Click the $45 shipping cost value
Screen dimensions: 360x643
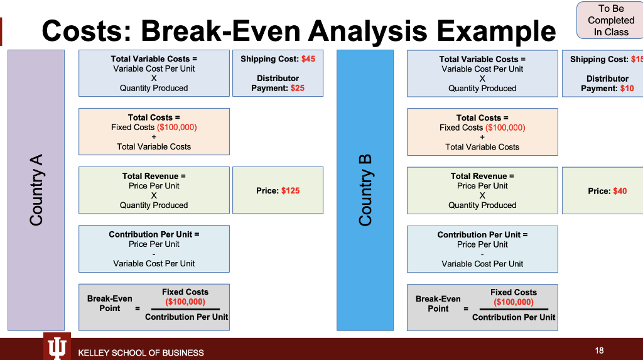tap(308, 59)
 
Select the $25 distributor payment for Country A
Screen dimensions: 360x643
tap(297, 88)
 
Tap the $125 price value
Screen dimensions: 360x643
tap(290, 190)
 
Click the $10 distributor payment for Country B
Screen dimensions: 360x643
tap(627, 89)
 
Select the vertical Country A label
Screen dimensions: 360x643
tap(36, 190)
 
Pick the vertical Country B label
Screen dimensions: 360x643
tap(365, 190)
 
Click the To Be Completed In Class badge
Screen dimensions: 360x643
tap(611, 20)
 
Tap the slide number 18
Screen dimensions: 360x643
tap(598, 350)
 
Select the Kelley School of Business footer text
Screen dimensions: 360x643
tap(141, 352)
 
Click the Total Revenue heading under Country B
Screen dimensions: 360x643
tap(482, 176)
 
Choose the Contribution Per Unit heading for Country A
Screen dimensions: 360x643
tap(154, 234)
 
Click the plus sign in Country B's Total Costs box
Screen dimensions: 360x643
tap(482, 137)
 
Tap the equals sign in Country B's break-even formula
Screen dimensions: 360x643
tap(466, 309)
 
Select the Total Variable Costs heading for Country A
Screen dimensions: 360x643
tap(154, 59)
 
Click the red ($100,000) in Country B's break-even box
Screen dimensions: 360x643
tap(513, 302)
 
